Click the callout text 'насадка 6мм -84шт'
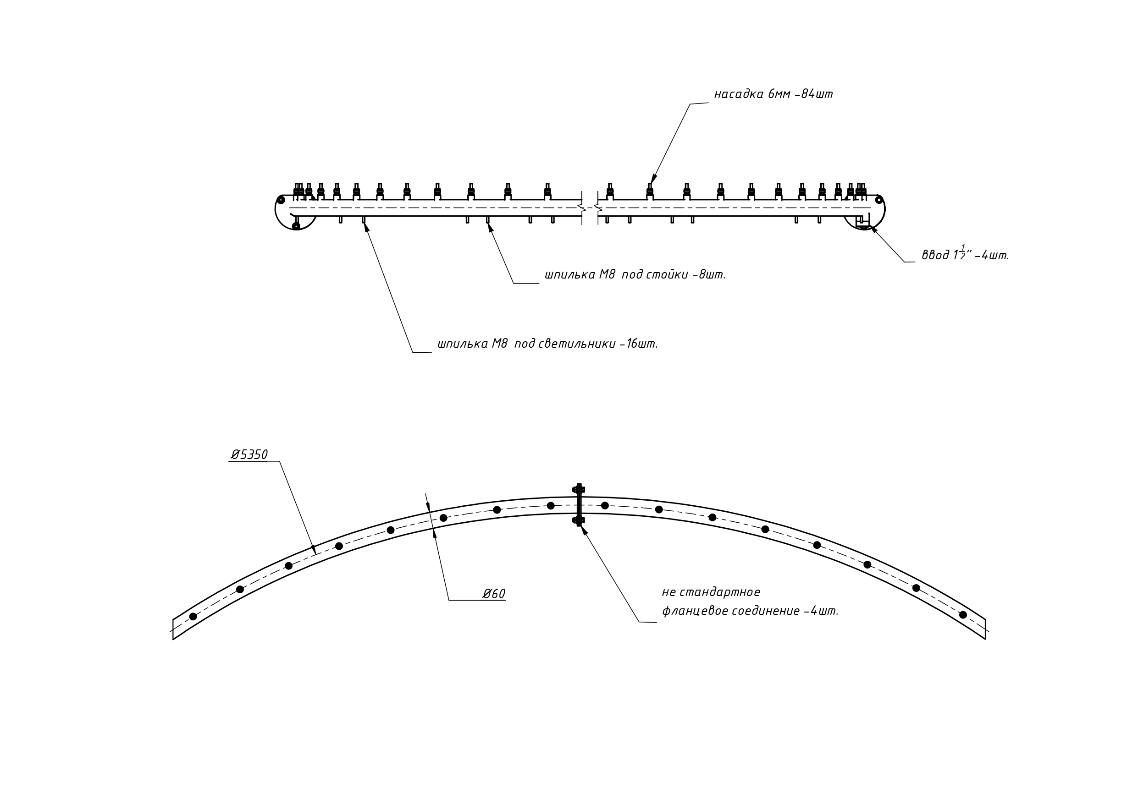(x=773, y=94)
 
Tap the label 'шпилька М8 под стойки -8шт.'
(x=635, y=274)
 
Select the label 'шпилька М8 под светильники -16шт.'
(x=548, y=344)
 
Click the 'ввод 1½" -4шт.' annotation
(x=966, y=254)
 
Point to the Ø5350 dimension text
(x=249, y=454)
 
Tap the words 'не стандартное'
(x=711, y=592)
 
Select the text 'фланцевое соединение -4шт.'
(x=751, y=611)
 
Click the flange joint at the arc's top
(x=579, y=505)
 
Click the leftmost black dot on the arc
(x=193, y=616)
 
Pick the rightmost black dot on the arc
(x=963, y=615)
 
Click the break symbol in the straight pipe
(x=590, y=208)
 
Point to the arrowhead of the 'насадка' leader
(x=654, y=179)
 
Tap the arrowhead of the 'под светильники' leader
(x=366, y=227)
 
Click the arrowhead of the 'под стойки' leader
(x=490, y=227)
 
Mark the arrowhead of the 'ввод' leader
(x=874, y=230)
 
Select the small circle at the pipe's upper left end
(x=281, y=200)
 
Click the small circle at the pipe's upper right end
(x=879, y=200)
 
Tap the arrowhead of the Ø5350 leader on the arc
(x=314, y=549)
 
